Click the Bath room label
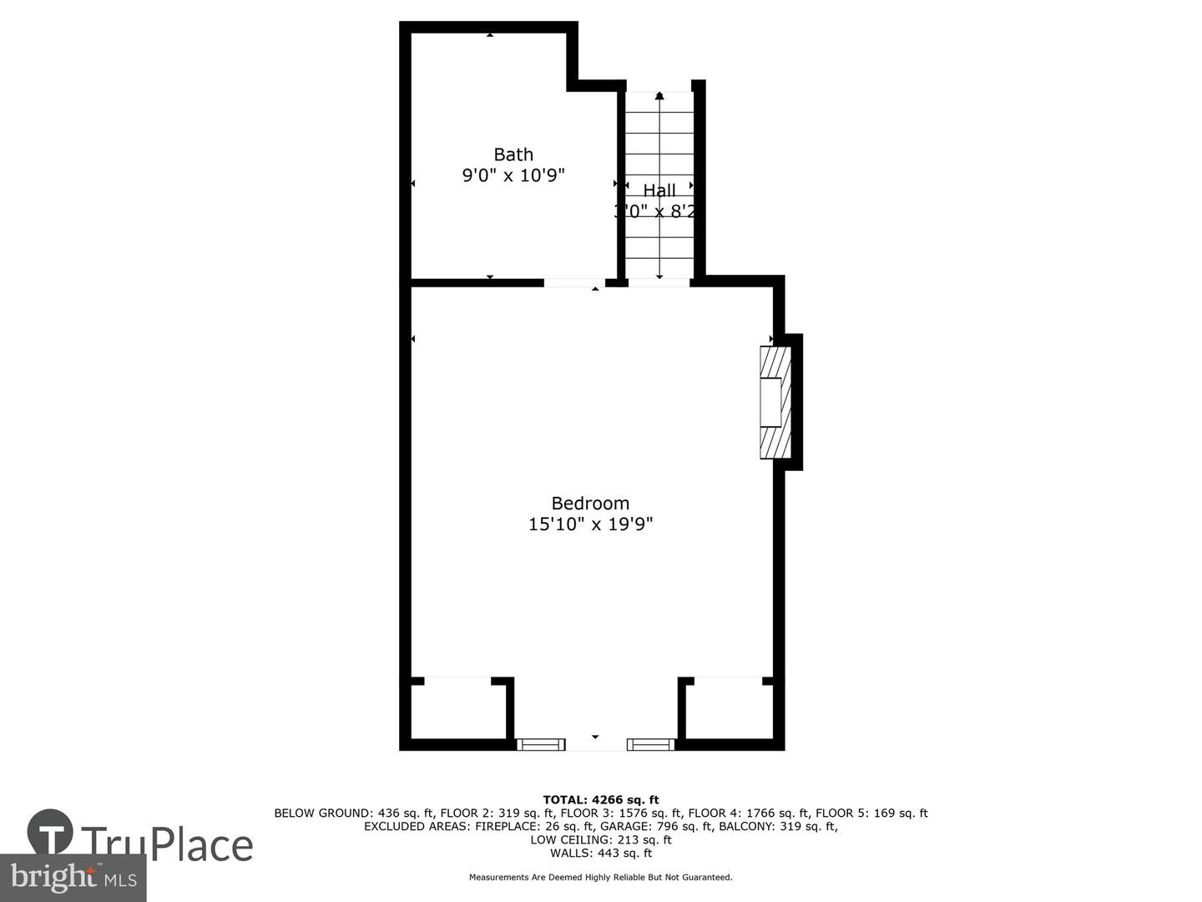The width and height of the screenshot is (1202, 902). pyautogui.click(x=513, y=155)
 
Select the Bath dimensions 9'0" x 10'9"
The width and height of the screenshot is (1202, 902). pyautogui.click(x=513, y=175)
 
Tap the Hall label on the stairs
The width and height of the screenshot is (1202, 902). pyautogui.click(x=659, y=190)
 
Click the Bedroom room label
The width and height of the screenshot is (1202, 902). pyautogui.click(x=590, y=503)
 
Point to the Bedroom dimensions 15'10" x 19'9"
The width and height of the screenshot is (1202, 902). pyautogui.click(x=590, y=524)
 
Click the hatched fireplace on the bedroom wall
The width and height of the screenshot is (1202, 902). pyautogui.click(x=774, y=403)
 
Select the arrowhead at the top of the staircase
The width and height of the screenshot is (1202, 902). pyautogui.click(x=659, y=96)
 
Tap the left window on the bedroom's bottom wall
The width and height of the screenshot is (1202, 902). pyautogui.click(x=541, y=744)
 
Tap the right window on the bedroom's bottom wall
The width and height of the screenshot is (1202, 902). pyautogui.click(x=650, y=744)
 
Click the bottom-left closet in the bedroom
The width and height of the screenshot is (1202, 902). pyautogui.click(x=458, y=711)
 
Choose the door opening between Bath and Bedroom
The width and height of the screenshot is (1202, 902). pyautogui.click(x=574, y=283)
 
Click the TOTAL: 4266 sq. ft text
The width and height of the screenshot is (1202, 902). pyautogui.click(x=601, y=800)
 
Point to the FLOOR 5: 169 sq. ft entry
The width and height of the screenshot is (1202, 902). pyautogui.click(x=871, y=813)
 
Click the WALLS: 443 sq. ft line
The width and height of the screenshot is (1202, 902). pyautogui.click(x=601, y=853)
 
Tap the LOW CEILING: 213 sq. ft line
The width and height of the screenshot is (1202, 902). pyautogui.click(x=601, y=839)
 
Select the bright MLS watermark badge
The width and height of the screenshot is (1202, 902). pyautogui.click(x=73, y=878)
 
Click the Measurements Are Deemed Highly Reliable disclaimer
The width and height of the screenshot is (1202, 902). pyautogui.click(x=601, y=877)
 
